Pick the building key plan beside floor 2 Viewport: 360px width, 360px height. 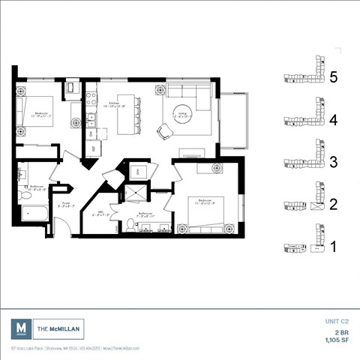[x=304, y=205]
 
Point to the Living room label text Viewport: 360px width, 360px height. [x=182, y=115]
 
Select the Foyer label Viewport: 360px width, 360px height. [x=65, y=202]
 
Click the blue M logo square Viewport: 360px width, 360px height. [x=22, y=328]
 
